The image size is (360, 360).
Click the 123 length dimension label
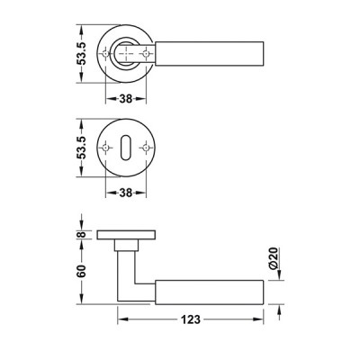[191, 319]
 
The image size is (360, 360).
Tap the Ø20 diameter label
[274, 258]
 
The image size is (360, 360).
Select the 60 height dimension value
[81, 271]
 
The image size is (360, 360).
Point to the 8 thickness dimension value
[81, 234]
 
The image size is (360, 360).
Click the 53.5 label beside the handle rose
[81, 54]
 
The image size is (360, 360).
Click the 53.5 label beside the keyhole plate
[81, 148]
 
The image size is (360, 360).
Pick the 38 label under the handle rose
[126, 98]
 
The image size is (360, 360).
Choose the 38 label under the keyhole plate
[126, 193]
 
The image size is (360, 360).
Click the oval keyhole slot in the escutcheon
[125, 148]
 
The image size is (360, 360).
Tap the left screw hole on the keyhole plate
[105, 148]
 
